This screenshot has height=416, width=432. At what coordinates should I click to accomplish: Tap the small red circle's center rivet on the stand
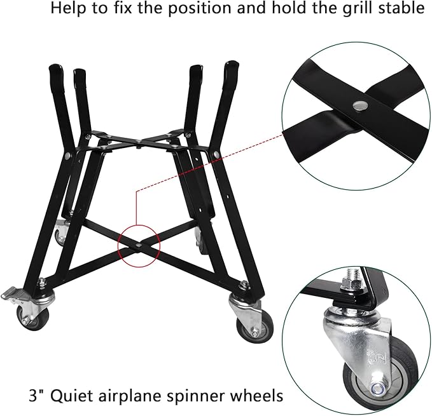pos(139,244)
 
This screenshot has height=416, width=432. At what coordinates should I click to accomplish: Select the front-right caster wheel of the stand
pos(255,326)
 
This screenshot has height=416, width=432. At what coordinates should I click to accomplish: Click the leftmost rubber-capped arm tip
pos(56,72)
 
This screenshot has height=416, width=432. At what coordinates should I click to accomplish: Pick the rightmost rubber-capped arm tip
pos(232,69)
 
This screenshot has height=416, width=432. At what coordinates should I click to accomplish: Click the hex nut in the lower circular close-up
pos(351,283)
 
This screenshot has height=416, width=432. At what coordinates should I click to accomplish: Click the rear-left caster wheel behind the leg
pos(60,234)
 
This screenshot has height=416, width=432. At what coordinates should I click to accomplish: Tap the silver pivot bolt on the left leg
pos(67,157)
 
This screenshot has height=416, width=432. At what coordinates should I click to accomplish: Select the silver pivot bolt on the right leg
pos(217,154)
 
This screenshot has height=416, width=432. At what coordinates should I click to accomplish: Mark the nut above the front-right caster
pos(244,283)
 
